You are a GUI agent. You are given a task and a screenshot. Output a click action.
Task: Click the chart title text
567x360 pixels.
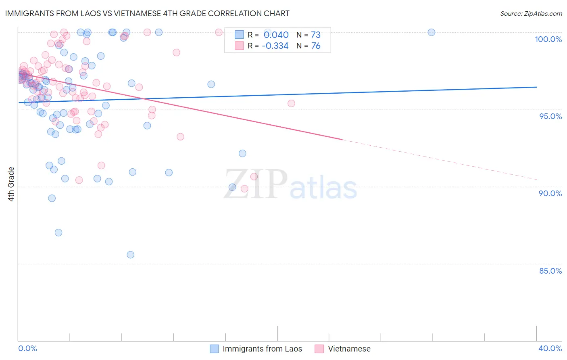click(147, 13)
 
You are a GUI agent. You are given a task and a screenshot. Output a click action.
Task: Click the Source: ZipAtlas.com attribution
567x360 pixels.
click(531, 13)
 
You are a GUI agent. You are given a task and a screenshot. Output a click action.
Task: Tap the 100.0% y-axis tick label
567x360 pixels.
click(548, 39)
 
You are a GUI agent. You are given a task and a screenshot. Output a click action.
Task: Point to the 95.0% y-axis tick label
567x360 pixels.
click(550, 116)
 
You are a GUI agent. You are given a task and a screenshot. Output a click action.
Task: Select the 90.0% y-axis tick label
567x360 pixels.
click(550, 193)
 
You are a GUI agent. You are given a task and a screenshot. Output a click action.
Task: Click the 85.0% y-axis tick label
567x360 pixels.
click(550, 271)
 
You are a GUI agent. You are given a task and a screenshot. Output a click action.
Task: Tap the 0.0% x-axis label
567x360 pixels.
click(27, 348)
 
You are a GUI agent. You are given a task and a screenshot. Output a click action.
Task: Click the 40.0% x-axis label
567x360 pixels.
click(550, 348)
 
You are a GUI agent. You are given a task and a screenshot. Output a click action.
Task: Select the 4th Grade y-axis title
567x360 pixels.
click(11, 184)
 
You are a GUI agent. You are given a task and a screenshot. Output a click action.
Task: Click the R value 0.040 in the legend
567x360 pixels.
click(276, 35)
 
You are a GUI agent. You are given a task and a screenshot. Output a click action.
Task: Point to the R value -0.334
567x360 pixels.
click(275, 46)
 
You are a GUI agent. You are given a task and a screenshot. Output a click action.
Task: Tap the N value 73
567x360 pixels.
click(316, 35)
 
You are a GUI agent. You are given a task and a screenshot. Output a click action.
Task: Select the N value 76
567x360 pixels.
click(316, 46)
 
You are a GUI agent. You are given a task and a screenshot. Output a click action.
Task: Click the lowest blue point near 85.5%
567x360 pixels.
click(130, 255)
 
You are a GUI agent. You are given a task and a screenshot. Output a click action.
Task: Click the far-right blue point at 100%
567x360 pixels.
click(432, 32)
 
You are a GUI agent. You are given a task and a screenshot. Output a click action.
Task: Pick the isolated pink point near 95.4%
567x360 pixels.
click(291, 103)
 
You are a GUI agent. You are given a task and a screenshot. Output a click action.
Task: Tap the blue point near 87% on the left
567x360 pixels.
click(58, 232)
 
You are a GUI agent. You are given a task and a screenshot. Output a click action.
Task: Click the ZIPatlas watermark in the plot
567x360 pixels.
click(290, 185)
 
